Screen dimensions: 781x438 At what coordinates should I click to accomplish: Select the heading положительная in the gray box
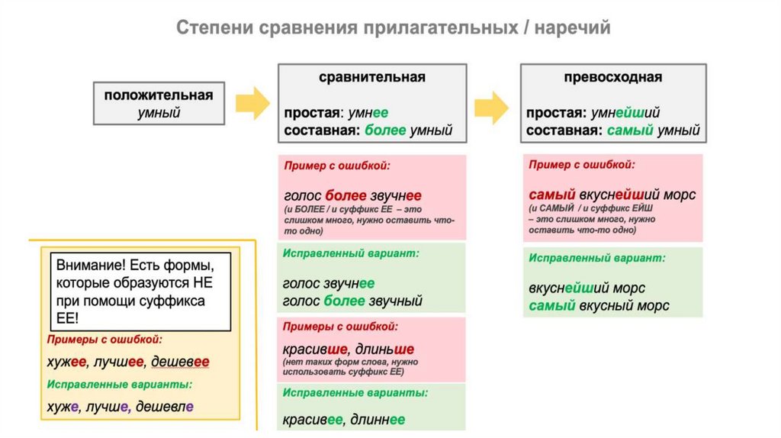click(158, 95)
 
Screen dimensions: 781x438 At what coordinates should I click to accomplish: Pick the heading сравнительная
click(371, 77)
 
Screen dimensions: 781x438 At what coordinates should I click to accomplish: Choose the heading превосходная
click(612, 77)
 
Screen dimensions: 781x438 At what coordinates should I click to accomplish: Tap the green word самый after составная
click(630, 130)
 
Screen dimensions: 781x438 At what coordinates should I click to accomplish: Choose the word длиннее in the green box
click(377, 419)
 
